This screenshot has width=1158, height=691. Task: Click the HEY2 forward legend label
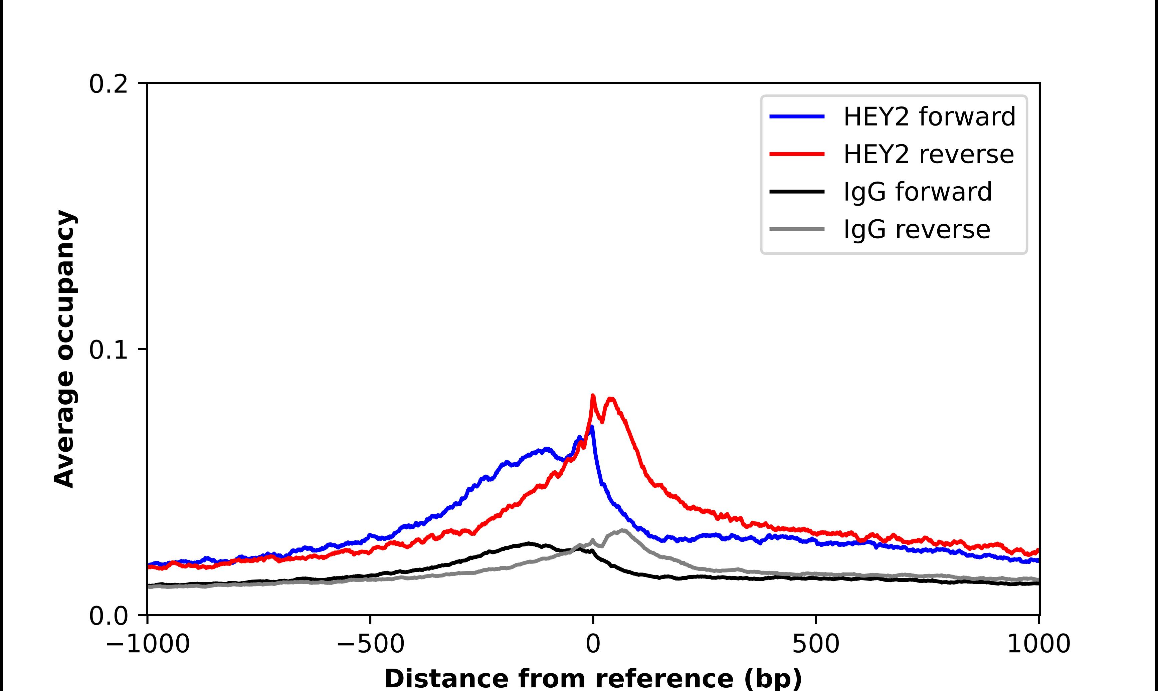pyautogui.click(x=929, y=117)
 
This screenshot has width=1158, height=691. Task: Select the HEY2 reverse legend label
pyautogui.click(x=928, y=154)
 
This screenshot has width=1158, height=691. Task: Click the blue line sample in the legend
pyautogui.click(x=797, y=117)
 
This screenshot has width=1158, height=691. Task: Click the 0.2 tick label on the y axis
pyautogui.click(x=108, y=84)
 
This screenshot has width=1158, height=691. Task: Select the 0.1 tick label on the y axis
pyautogui.click(x=108, y=350)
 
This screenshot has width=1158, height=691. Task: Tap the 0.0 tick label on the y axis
pyautogui.click(x=108, y=616)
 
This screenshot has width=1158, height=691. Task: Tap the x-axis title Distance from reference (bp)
pyautogui.click(x=593, y=678)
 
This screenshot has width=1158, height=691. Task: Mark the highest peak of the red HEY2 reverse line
pyautogui.click(x=593, y=396)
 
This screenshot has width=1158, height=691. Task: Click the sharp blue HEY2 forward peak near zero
pyautogui.click(x=591, y=427)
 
